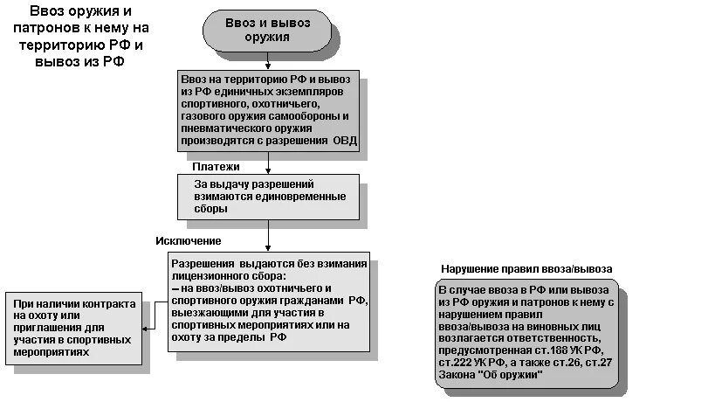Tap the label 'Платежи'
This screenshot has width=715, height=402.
tap(216, 166)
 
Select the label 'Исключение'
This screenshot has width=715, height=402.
tap(189, 240)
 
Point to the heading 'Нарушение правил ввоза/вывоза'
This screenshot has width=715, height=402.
tap(526, 268)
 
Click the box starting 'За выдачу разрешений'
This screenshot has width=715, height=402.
tap(267, 198)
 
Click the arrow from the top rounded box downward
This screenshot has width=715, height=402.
tap(267, 60)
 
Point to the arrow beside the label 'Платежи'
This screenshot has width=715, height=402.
tap(267, 163)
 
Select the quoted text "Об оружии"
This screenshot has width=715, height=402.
tap(513, 374)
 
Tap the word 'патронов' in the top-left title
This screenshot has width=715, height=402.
tap(52, 28)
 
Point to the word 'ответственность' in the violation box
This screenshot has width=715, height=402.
tap(556, 337)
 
